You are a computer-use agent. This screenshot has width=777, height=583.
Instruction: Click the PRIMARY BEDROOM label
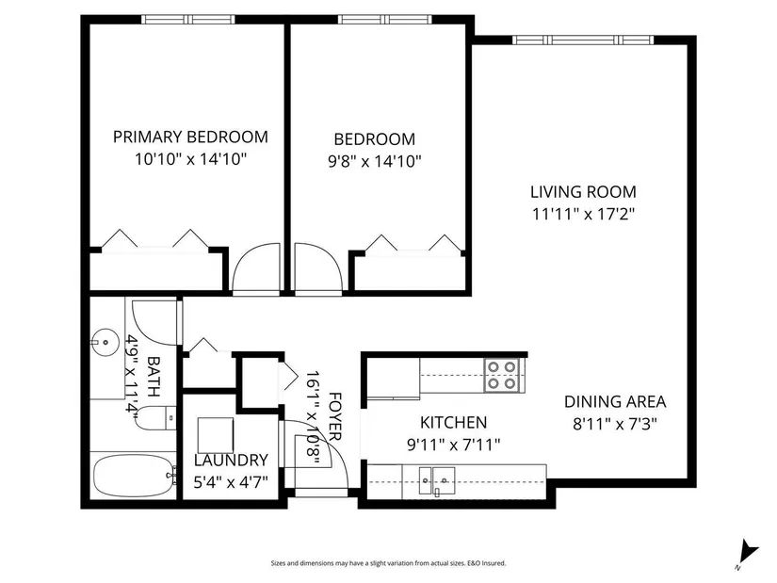[x=191, y=137]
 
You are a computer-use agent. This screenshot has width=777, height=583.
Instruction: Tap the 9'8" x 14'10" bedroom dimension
[x=375, y=161]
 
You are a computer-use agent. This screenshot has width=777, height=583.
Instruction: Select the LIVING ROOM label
[x=583, y=192]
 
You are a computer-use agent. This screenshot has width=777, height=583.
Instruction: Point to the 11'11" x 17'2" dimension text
[x=583, y=214]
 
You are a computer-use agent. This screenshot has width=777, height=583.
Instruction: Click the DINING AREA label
[x=615, y=401]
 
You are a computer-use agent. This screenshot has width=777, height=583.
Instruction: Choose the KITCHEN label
[x=453, y=422]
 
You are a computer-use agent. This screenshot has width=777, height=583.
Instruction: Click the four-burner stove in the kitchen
[x=502, y=376]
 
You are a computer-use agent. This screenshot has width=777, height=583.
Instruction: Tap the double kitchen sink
[x=437, y=480]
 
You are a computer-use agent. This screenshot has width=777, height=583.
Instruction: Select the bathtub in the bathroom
[x=134, y=476]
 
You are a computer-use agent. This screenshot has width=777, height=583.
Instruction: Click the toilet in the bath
[x=155, y=417]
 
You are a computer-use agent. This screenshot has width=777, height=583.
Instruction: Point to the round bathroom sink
[x=105, y=342]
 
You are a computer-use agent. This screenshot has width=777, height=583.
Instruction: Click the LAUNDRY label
[x=231, y=460]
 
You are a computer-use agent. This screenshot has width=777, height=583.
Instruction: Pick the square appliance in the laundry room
[x=216, y=435]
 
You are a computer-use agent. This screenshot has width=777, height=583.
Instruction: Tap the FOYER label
[x=335, y=416]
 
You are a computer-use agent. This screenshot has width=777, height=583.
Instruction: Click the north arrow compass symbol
[x=748, y=552]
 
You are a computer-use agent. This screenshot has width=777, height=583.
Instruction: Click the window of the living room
[x=583, y=40]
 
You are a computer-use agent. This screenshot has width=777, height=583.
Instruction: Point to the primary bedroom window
[x=188, y=20]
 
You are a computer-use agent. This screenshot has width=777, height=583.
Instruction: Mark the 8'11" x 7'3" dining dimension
[x=615, y=425]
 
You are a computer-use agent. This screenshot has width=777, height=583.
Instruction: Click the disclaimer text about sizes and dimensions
[x=388, y=563]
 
